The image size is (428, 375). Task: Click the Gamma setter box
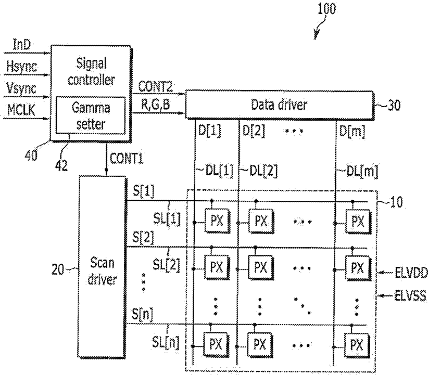pyautogui.click(x=91, y=115)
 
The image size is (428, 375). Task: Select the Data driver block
pyautogui.click(x=280, y=105)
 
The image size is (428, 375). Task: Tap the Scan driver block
pyautogui.click(x=102, y=267)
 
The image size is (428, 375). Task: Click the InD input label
pyautogui.click(x=22, y=45)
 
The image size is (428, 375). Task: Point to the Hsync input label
pyautogui.click(x=21, y=66)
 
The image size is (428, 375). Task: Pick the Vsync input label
pyautogui.click(x=21, y=88)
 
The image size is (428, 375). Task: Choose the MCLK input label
pyautogui.click(x=21, y=110)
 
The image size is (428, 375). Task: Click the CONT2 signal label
pyautogui.click(x=155, y=87)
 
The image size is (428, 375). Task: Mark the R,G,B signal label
pyautogui.click(x=155, y=104)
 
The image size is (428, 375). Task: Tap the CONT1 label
pyautogui.click(x=127, y=158)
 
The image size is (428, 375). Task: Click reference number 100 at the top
pyautogui.click(x=327, y=8)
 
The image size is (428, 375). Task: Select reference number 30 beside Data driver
pyautogui.click(x=394, y=105)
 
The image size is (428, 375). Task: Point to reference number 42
pyautogui.click(x=61, y=165)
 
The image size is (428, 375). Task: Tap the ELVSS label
pyautogui.click(x=410, y=295)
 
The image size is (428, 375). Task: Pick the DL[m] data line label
pyautogui.click(x=362, y=172)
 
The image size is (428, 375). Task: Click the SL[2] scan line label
pyautogui.click(x=166, y=264)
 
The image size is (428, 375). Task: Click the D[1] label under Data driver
pyautogui.click(x=209, y=131)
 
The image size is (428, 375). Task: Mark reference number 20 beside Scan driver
pyautogui.click(x=58, y=270)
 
